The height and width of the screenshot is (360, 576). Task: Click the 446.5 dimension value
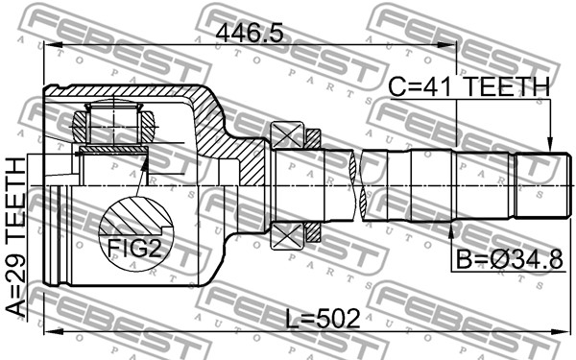point(250,34)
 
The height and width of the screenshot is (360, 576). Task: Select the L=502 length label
point(323,318)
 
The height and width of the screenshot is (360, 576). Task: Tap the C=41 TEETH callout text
point(469,87)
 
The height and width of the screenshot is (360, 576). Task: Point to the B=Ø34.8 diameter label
point(509,260)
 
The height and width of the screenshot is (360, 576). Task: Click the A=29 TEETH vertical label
point(16,237)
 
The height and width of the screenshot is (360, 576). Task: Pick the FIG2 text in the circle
point(134,248)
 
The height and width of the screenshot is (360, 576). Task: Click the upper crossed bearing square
point(287,135)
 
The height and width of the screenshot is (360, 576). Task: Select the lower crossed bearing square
point(287,236)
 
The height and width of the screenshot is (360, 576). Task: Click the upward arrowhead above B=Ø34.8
point(451,229)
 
